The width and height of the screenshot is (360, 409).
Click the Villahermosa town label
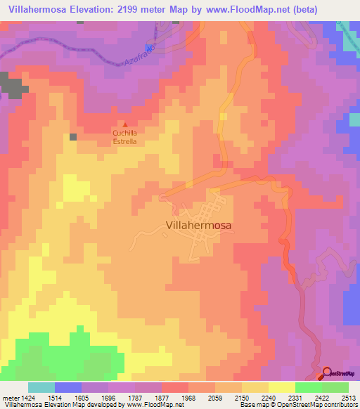200,226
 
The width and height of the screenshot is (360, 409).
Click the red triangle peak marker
125,124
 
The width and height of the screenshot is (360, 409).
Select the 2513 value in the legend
348,398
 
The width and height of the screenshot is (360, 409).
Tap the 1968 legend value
188,398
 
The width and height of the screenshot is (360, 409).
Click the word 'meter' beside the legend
9,398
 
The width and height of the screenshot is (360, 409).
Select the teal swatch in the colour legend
41,387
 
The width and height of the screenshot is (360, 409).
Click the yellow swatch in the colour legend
282,387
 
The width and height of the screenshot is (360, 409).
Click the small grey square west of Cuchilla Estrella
73,136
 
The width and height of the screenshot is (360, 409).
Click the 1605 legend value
82,398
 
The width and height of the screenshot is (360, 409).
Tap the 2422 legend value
321,398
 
